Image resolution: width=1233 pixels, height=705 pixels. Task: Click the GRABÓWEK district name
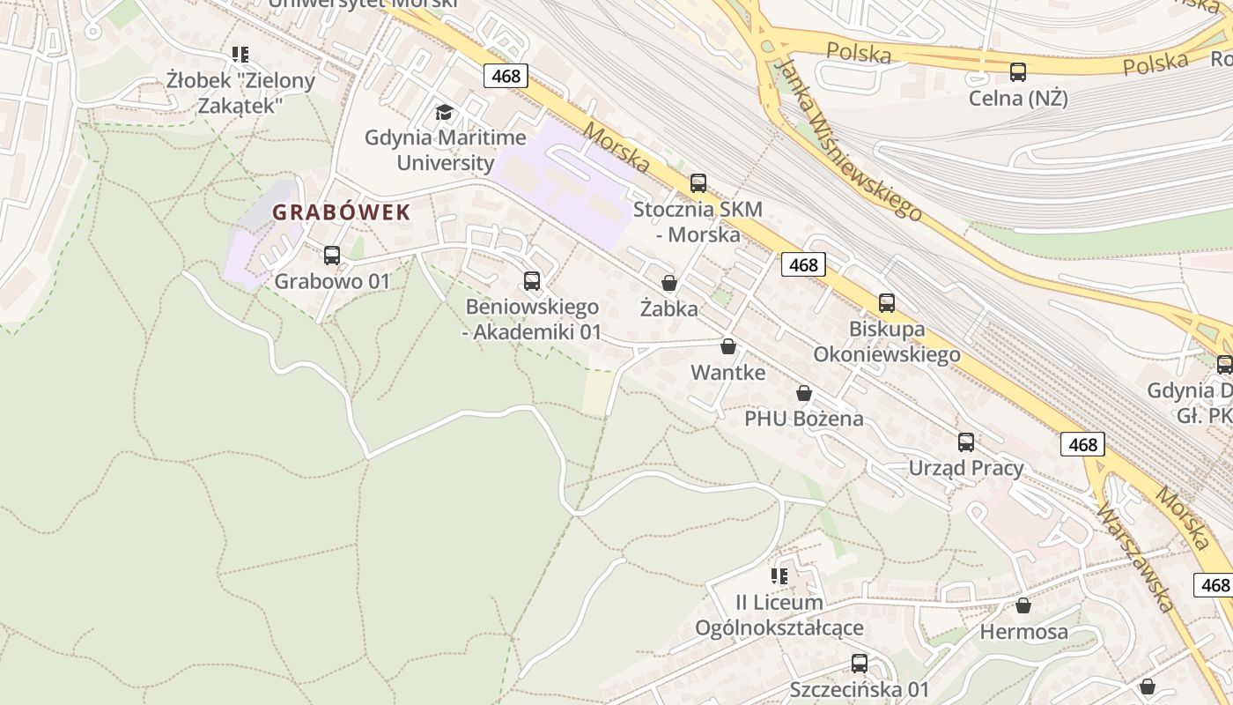(x=341, y=212)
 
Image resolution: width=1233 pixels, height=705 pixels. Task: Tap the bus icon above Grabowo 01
(x=332, y=256)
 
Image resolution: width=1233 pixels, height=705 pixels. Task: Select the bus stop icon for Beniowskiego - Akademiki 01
(x=532, y=281)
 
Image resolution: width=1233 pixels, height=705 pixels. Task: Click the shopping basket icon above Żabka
(x=669, y=283)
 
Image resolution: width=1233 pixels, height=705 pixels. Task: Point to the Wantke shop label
(x=727, y=372)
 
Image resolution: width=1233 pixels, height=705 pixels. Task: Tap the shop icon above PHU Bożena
(x=804, y=393)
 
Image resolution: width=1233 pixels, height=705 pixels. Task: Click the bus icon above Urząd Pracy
(x=966, y=442)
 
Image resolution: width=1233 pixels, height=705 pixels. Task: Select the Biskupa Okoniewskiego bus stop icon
(x=887, y=303)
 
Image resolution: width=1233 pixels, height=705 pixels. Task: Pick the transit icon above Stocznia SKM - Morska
(x=698, y=183)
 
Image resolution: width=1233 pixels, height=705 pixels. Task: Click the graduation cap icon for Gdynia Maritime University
(x=445, y=112)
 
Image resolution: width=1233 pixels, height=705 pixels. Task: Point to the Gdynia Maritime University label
(x=446, y=150)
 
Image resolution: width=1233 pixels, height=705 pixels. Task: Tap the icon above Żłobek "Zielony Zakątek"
(x=240, y=55)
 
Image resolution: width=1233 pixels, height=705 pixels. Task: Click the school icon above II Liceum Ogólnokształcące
(x=779, y=576)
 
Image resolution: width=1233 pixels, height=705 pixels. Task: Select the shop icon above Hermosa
(x=1023, y=605)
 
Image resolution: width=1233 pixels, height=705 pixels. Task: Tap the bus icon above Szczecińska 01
(x=860, y=664)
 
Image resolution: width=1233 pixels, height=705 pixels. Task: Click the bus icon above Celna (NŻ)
(x=1018, y=72)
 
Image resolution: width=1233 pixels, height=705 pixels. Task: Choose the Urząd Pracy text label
(x=966, y=468)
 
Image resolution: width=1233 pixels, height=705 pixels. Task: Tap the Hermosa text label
(x=1023, y=632)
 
